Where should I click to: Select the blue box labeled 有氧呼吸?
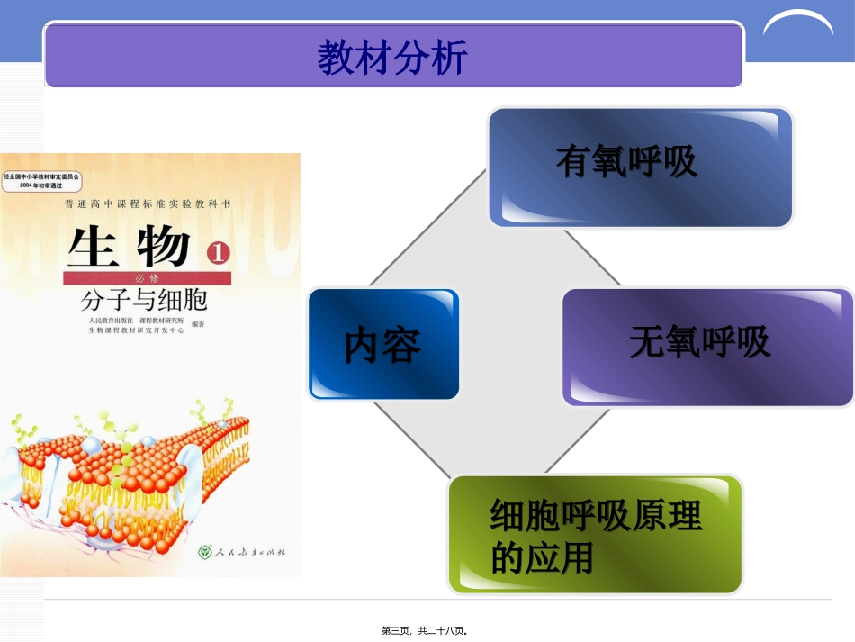(x=639, y=167)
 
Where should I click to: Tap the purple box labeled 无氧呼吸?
(x=707, y=346)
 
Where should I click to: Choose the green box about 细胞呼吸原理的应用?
(x=595, y=535)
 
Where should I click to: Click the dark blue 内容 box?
(x=383, y=344)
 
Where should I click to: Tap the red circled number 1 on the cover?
(x=218, y=253)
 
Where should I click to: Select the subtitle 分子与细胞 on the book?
(x=144, y=299)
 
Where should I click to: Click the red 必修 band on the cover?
(x=148, y=278)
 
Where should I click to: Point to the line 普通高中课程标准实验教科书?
(x=148, y=205)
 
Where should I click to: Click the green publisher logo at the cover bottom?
(x=206, y=551)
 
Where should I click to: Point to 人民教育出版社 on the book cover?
(x=111, y=321)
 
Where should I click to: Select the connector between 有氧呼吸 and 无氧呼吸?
(x=592, y=258)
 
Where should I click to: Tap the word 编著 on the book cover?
(x=198, y=325)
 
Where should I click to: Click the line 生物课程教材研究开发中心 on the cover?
(x=136, y=330)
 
